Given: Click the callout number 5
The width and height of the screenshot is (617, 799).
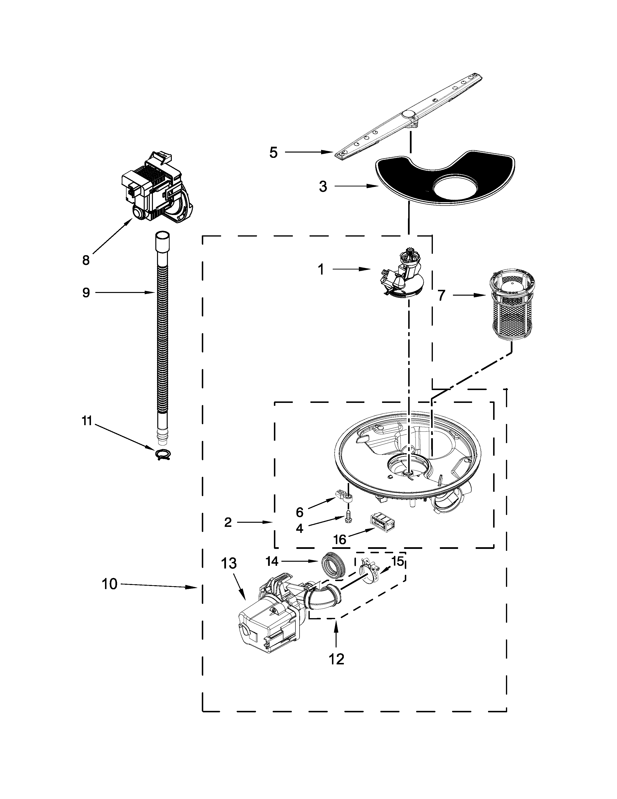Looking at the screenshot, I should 273,153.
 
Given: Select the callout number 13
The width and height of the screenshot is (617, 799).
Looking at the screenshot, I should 229,563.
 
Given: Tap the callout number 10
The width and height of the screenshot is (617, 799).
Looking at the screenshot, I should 110,584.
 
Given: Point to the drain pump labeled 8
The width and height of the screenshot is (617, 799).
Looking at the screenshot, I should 157,188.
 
